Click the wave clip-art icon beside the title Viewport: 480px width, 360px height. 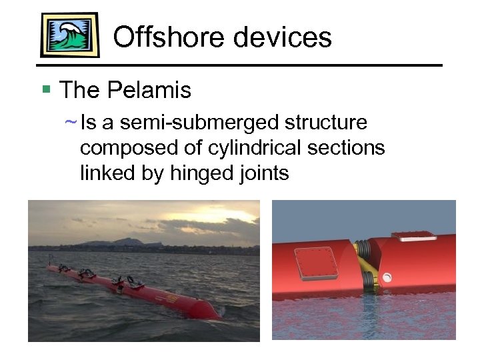coord(69,35)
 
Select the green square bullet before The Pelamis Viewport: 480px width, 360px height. coord(46,88)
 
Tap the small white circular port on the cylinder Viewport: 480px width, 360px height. coord(387,276)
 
